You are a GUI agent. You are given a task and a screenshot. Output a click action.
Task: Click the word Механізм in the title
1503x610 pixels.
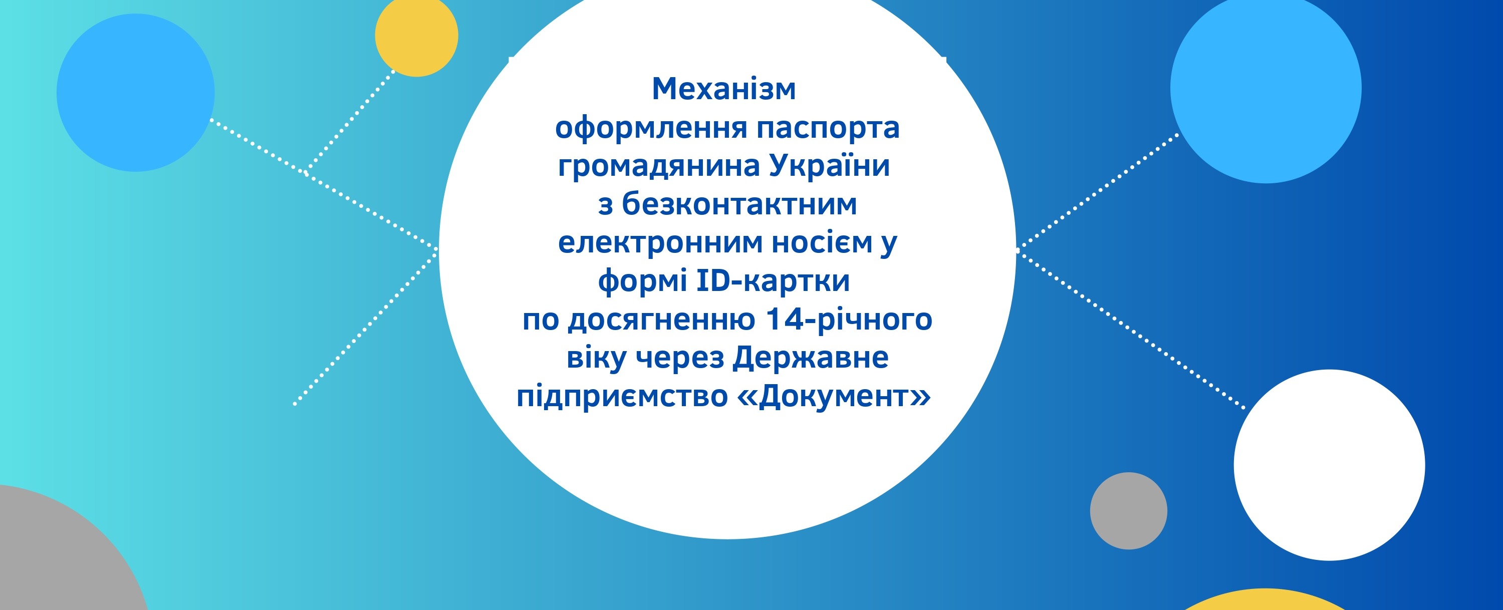pos(723,89)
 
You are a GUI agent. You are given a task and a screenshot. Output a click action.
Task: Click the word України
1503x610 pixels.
pos(829,166)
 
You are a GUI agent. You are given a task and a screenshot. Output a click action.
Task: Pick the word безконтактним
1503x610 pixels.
pos(739,204)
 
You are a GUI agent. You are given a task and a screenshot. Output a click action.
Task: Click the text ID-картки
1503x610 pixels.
pos(773,281)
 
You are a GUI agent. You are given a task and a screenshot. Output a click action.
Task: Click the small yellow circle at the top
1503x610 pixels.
pos(417,36)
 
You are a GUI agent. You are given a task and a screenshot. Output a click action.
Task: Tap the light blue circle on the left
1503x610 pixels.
pos(135,92)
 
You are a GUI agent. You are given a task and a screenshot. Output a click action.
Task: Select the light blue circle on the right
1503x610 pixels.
pos(1266,88)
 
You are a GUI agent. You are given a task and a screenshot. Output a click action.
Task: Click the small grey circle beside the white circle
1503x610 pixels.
pos(1128,511)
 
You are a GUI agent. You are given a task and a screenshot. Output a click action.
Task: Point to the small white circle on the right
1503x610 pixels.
pos(1329,465)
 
